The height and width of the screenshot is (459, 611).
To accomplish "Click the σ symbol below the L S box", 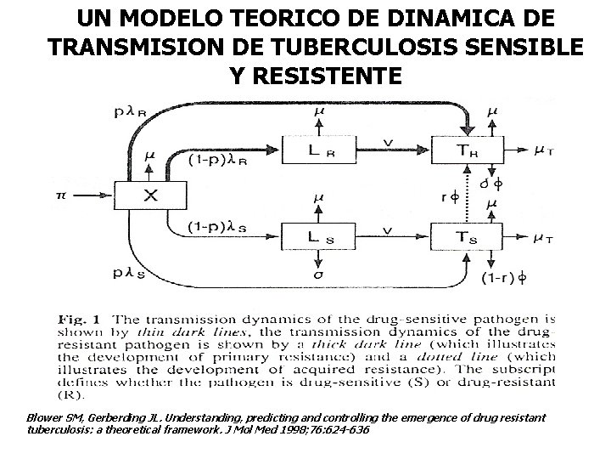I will [x=317, y=275].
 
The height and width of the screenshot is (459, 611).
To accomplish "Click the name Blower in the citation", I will [x=44, y=418].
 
